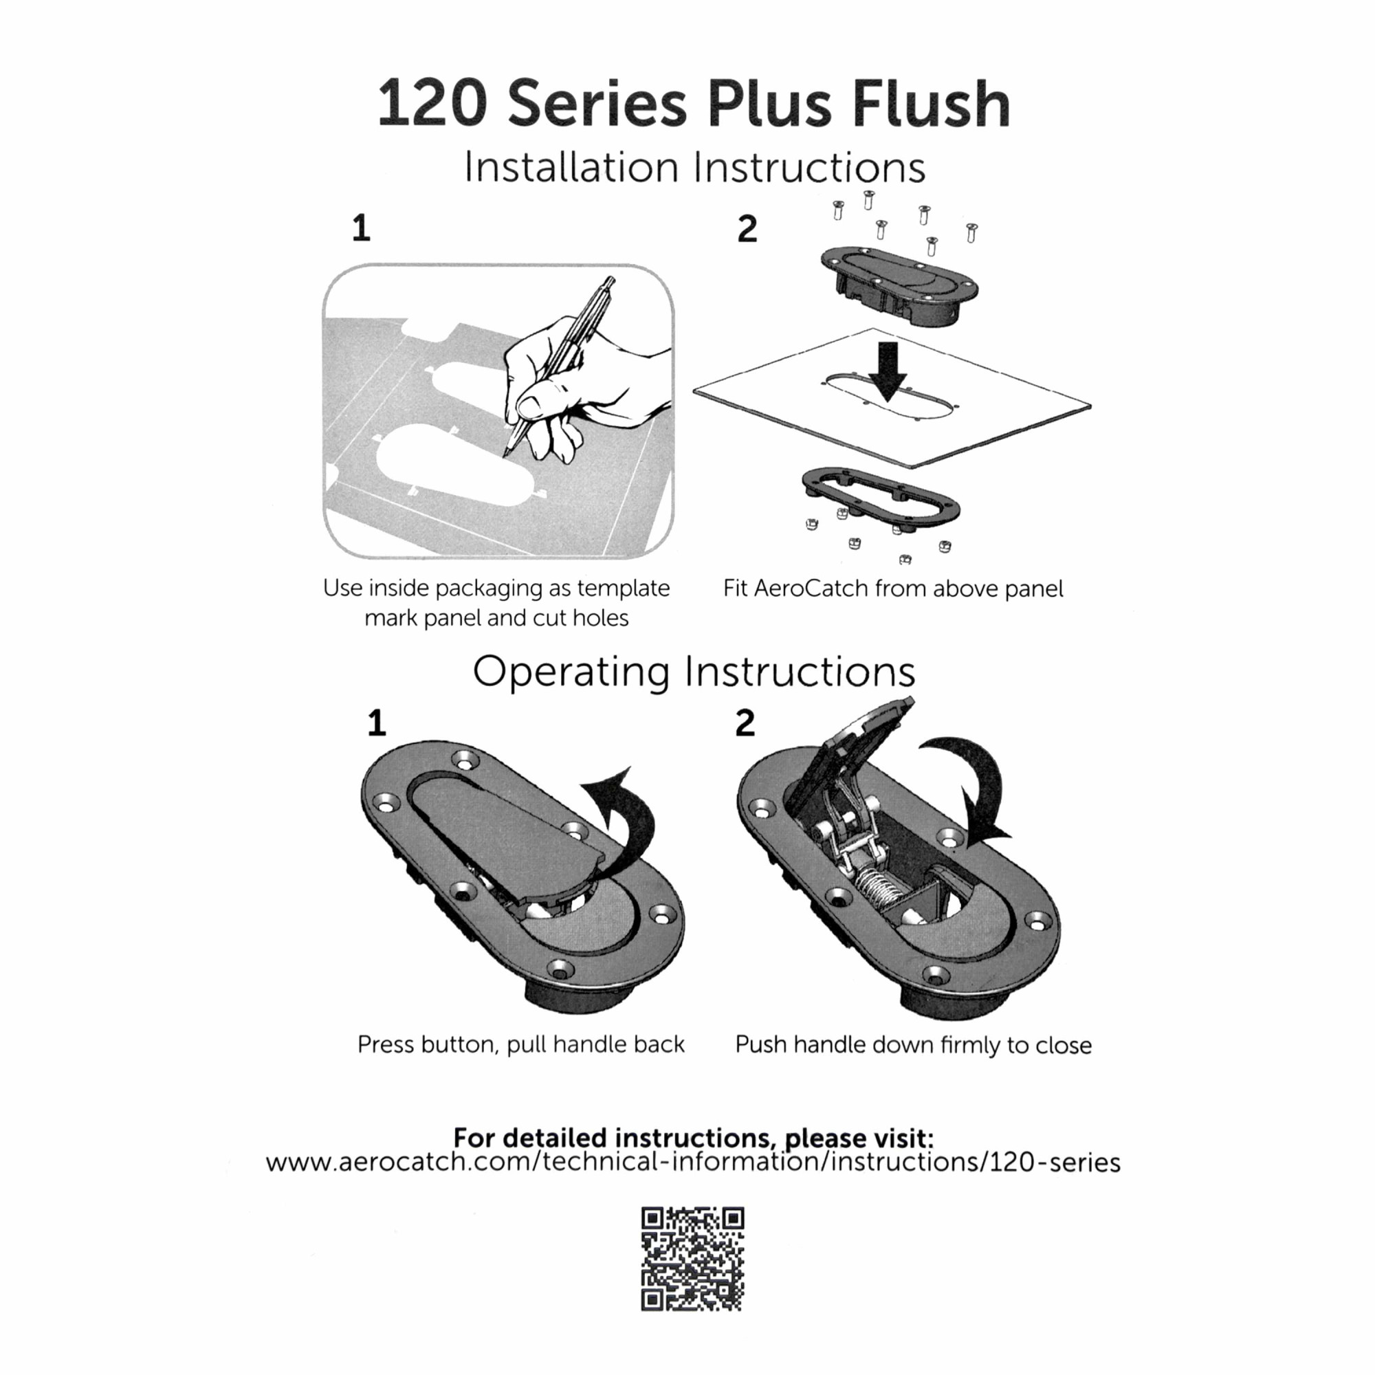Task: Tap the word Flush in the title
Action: (x=931, y=104)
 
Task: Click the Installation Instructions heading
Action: (x=694, y=168)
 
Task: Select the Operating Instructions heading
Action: (x=694, y=671)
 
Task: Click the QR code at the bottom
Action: (x=692, y=1258)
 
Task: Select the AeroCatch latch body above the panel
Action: (x=899, y=285)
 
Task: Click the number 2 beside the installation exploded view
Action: (x=747, y=228)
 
